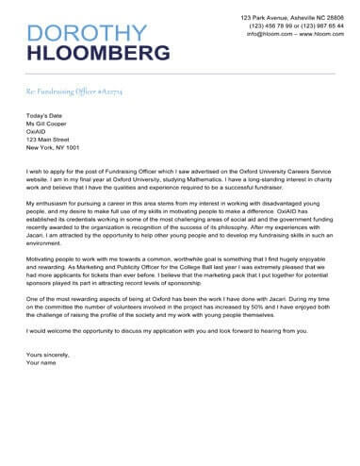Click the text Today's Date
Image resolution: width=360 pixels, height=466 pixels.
click(46, 114)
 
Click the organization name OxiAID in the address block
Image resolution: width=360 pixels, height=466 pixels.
click(39, 131)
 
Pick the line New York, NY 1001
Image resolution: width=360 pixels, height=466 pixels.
click(53, 148)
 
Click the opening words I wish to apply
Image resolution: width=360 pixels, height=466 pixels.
click(48, 174)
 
